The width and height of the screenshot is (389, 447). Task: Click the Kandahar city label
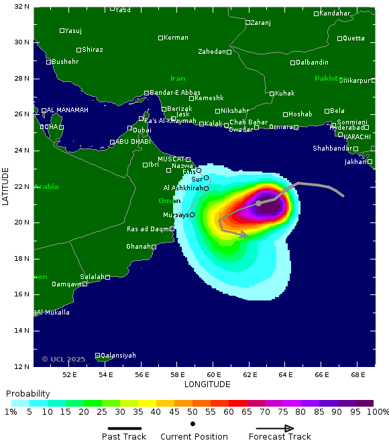335,13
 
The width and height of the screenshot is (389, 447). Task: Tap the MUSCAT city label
171,159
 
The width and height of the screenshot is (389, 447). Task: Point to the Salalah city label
92,277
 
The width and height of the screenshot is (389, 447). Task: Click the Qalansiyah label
118,355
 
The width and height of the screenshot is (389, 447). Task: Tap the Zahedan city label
211,52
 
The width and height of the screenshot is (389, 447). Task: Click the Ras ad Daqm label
148,229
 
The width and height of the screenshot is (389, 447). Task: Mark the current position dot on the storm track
258,203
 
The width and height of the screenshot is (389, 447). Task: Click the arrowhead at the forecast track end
245,235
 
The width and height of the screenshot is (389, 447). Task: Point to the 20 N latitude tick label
21,222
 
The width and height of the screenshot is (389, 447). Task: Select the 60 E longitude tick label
213,374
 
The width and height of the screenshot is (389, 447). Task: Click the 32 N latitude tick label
21,7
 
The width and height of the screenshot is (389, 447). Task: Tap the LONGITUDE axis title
207,384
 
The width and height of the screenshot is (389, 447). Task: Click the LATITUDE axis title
6,186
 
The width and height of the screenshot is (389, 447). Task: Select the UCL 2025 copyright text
64,359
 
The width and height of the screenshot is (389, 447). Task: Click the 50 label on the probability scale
192,411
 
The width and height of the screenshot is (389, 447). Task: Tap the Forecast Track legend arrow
275,428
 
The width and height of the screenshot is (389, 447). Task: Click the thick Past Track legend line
124,428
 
